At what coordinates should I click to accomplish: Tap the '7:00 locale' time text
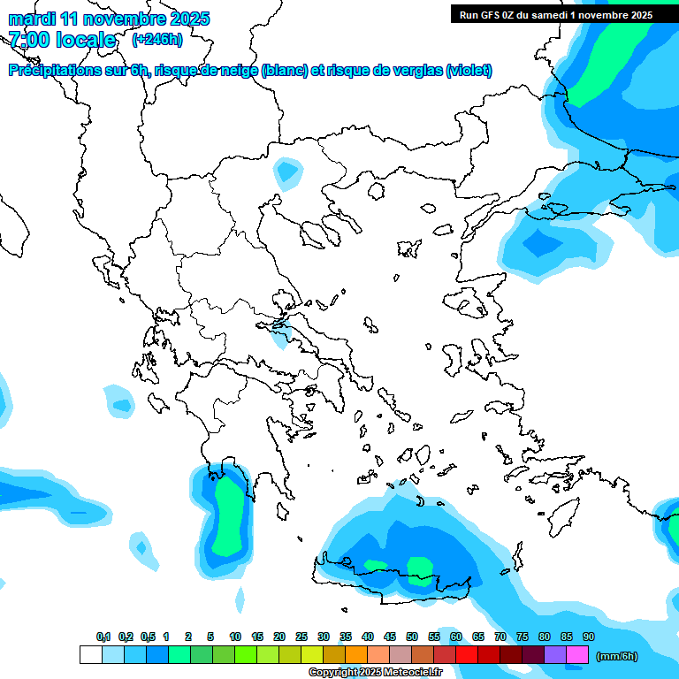[62, 40]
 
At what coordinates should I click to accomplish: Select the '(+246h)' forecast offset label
[157, 39]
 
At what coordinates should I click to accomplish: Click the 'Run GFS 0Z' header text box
[555, 14]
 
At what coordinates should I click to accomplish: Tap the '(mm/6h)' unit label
[617, 656]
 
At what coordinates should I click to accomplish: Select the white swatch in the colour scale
[90, 655]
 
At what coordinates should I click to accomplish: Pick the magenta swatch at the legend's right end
[577, 655]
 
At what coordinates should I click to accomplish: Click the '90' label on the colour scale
[588, 637]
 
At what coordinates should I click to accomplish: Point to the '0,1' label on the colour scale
[103, 637]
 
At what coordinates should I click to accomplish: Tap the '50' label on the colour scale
[412, 637]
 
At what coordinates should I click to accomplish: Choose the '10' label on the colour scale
[235, 637]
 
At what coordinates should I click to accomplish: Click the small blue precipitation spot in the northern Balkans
[286, 171]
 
